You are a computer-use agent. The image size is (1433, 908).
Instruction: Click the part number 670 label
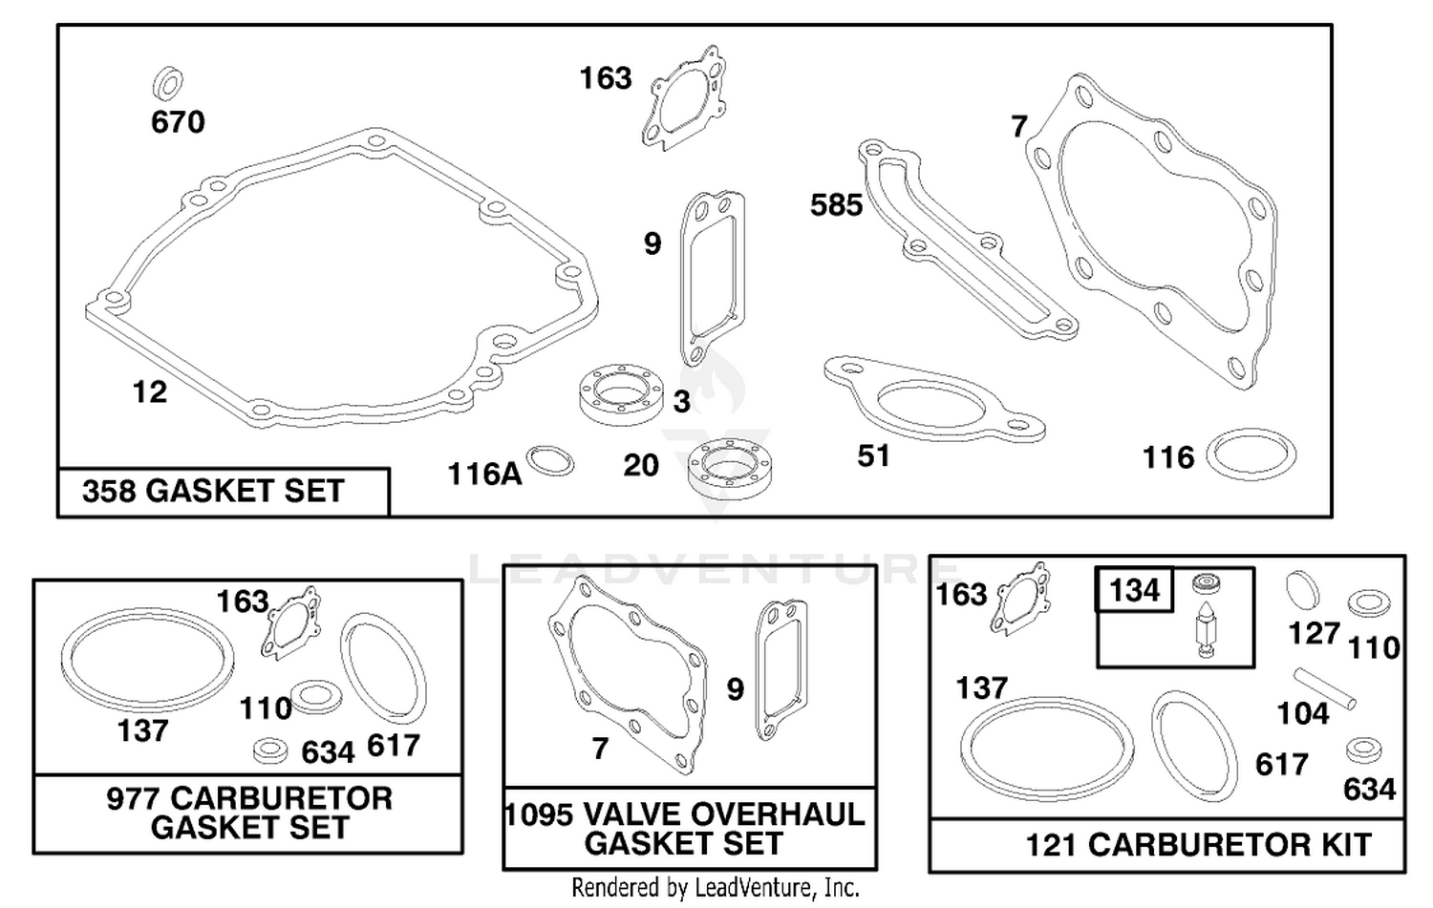tap(178, 121)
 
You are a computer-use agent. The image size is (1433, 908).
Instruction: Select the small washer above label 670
tap(168, 82)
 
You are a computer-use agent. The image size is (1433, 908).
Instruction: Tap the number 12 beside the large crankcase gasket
tap(150, 391)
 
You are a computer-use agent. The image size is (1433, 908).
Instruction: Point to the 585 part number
tap(836, 205)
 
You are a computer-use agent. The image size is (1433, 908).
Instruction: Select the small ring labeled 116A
tap(550, 461)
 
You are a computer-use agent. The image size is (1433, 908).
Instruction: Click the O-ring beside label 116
tap(1251, 454)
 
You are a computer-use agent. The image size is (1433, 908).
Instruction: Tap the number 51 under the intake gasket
tap(873, 456)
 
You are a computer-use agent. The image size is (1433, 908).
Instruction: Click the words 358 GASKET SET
tap(214, 491)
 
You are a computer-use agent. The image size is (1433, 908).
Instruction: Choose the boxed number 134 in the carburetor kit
tap(1134, 589)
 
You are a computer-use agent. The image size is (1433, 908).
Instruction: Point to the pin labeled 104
tap(1325, 688)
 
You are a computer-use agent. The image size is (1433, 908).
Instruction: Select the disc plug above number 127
tap(1302, 589)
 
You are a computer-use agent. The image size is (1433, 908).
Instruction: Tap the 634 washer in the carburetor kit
tap(1363, 751)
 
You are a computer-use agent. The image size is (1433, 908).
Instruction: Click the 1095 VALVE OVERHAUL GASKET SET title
tap(685, 829)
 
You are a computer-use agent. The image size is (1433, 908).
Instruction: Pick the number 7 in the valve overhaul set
tap(600, 749)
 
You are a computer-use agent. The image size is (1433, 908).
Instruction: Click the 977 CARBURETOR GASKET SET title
tap(249, 813)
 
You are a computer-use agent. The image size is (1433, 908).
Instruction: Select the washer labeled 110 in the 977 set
tap(316, 696)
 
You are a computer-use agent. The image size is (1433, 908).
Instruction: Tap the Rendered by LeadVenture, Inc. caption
tap(716, 888)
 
